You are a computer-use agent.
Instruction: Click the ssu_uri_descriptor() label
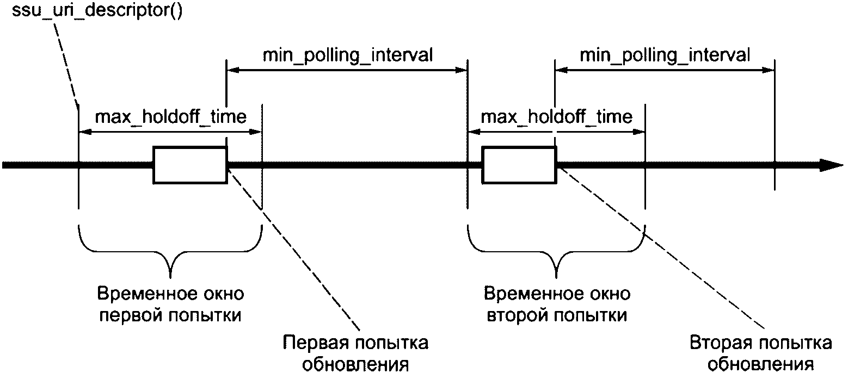point(97,10)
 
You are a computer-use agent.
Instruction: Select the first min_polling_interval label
point(348,55)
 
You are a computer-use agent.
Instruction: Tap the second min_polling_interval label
point(665,55)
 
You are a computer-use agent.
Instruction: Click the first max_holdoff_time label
point(170,116)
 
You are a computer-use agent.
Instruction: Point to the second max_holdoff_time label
point(556,116)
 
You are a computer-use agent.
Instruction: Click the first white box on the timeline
point(190,165)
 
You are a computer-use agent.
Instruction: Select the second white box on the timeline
point(519,165)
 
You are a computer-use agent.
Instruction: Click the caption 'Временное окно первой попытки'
point(170,304)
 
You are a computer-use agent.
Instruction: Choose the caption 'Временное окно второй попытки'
point(557,304)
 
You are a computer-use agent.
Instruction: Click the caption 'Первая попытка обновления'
point(355,354)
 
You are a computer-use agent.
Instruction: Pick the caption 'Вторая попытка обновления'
point(760,354)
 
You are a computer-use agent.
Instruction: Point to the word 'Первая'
point(315,343)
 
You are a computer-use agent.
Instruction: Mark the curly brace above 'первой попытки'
point(170,251)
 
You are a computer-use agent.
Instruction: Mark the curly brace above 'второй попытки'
point(556,251)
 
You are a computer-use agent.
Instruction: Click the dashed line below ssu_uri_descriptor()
point(66,64)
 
